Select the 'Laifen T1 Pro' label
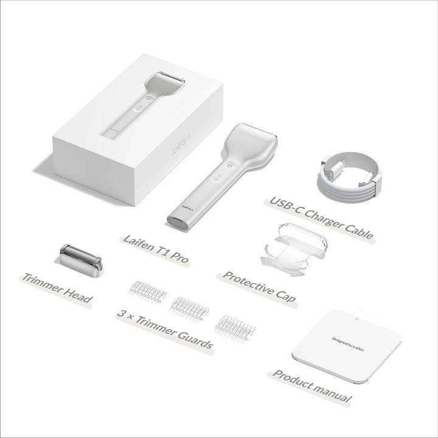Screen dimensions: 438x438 point(156,248)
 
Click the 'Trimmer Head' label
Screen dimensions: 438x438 point(57,288)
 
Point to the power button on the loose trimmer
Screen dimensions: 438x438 point(230,165)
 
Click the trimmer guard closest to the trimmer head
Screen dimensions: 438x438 point(149,292)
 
